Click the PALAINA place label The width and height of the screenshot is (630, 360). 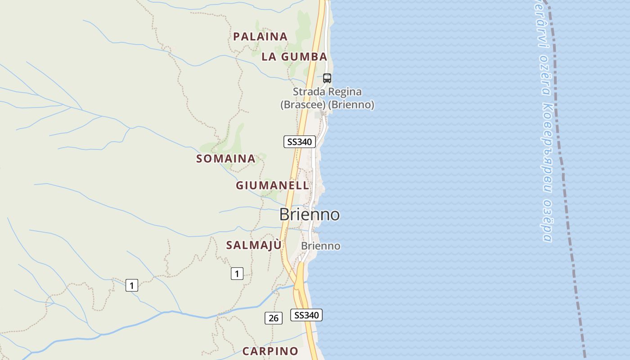[260, 36]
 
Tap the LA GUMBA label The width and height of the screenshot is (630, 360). [294, 57]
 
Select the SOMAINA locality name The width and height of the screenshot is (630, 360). [226, 158]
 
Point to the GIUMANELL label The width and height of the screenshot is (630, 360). [273, 185]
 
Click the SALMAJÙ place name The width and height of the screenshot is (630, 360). [254, 245]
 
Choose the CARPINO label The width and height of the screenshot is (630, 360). [270, 351]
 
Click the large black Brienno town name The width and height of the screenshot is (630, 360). [310, 214]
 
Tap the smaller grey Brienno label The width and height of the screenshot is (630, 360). [321, 246]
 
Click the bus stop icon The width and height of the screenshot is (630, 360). [327, 78]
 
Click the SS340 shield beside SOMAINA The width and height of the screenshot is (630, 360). [300, 142]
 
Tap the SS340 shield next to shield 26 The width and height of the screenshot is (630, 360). [306, 315]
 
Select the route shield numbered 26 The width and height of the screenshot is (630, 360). [273, 318]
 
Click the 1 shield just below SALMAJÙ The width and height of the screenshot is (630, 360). [237, 273]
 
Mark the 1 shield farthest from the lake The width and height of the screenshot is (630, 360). [131, 285]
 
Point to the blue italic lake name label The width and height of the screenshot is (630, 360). [544, 121]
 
